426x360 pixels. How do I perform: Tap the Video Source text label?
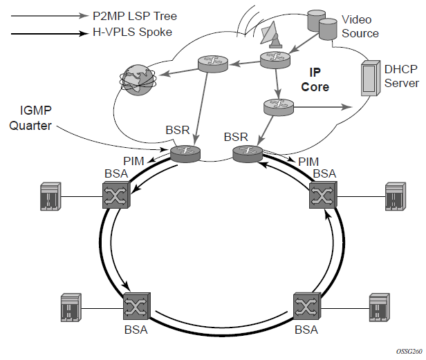pos(361,26)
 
